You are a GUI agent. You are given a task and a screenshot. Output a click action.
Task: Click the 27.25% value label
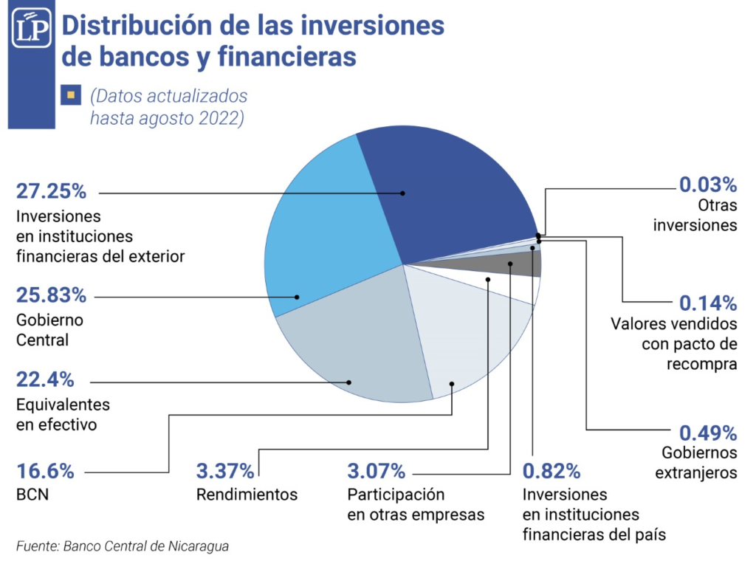[x=51, y=192]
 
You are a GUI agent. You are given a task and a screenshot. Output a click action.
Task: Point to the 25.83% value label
[x=51, y=296]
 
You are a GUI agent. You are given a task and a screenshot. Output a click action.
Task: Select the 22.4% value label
[x=45, y=380]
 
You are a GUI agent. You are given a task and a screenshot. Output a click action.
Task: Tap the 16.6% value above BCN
[x=45, y=470]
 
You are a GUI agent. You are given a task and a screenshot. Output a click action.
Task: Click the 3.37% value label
[x=225, y=470]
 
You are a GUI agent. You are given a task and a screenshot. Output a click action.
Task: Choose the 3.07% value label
[x=377, y=470]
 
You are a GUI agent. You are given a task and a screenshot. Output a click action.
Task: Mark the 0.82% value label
[x=551, y=470]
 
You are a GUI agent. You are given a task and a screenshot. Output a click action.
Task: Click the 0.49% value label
[x=708, y=431]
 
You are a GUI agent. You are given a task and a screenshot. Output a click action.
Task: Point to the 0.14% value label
[x=708, y=302]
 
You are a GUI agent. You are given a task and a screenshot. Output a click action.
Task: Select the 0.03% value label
[x=708, y=183]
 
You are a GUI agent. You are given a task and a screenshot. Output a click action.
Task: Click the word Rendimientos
[x=247, y=495]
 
